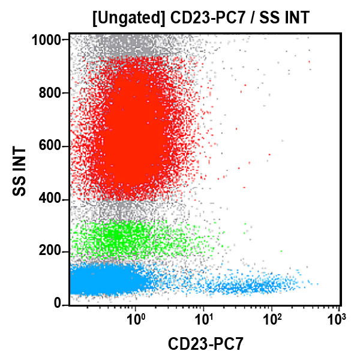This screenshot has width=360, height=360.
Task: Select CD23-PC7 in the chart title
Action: coord(200,18)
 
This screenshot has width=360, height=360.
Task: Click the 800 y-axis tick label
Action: coord(53,93)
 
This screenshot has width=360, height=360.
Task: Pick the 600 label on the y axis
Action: coord(53,146)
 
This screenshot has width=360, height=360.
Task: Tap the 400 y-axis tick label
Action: coord(53,199)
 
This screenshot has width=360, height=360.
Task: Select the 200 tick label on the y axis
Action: coord(53,251)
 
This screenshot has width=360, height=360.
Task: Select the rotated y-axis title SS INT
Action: coord(20,172)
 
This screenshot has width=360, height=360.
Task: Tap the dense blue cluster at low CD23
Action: coord(102,280)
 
